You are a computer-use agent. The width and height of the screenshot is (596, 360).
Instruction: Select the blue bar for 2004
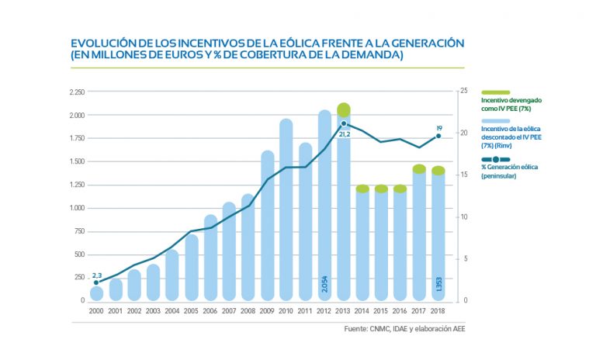(172, 275)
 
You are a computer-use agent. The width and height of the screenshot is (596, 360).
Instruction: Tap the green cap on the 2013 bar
(344, 110)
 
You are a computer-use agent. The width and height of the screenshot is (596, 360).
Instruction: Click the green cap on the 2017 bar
(419, 169)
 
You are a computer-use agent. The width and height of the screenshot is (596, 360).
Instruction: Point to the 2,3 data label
(97, 275)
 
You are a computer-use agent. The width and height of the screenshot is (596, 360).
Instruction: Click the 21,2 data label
(345, 133)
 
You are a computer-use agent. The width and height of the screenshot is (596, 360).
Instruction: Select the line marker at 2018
(438, 136)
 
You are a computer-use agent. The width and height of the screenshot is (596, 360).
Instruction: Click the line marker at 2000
(97, 282)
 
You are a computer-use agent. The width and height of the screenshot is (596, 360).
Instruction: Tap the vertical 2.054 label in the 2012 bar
(325, 283)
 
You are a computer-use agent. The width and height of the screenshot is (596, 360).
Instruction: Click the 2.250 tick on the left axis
(76, 92)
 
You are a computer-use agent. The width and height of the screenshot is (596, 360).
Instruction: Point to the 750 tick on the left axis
(78, 231)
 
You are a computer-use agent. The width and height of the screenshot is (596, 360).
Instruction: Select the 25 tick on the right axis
(463, 92)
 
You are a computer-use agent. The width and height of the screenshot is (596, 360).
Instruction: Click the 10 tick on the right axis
(463, 216)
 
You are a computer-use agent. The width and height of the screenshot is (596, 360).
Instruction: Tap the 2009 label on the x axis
(267, 310)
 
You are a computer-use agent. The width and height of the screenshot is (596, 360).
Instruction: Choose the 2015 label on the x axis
(381, 310)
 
